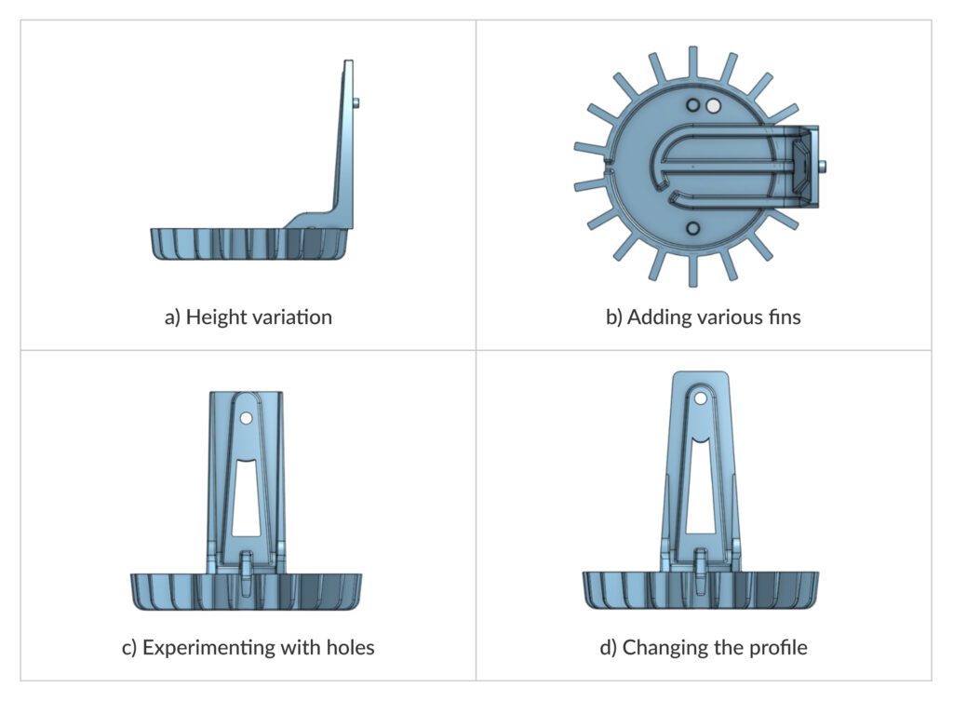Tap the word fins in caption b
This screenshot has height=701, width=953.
tap(782, 317)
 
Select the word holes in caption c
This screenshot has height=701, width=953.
tap(346, 647)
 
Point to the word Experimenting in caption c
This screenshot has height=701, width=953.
tap(202, 647)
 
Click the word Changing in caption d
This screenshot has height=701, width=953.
tap(661, 647)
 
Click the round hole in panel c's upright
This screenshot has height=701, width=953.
tap(246, 418)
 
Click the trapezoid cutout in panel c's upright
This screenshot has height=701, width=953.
tap(246, 499)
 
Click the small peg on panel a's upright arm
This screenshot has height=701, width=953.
tap(357, 103)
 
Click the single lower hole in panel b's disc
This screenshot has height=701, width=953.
tap(691, 228)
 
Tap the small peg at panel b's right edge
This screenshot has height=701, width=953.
tap(825, 166)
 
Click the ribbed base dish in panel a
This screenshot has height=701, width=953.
tap(251, 244)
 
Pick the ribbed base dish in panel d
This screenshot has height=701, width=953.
tap(700, 589)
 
